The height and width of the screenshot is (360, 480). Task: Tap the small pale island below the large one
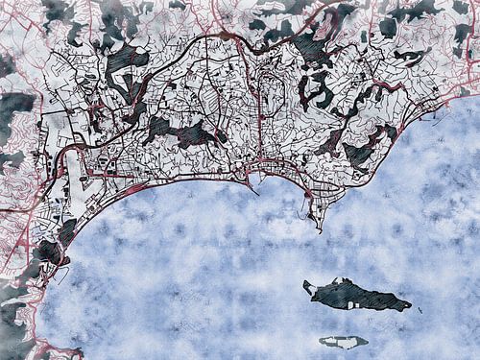(x=344, y=341)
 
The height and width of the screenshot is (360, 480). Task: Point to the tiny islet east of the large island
(x=420, y=309)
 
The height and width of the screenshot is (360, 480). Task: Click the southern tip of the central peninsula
(x=318, y=228)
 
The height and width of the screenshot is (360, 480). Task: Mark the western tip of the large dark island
(x=305, y=284)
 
